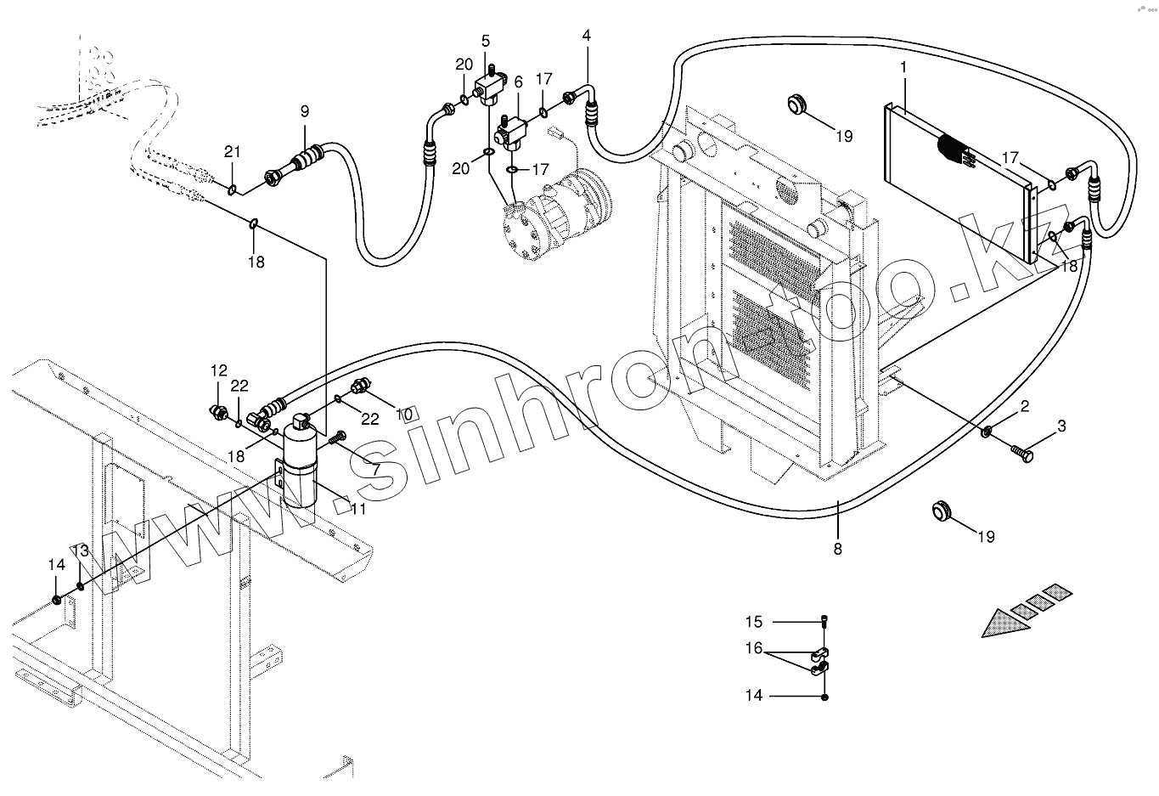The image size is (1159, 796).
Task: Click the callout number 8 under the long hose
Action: (837, 549)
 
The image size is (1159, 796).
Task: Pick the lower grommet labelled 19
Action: (940, 510)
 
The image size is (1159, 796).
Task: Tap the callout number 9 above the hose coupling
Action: (304, 111)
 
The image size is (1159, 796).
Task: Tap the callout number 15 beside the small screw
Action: (755, 621)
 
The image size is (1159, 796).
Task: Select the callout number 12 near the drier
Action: (219, 370)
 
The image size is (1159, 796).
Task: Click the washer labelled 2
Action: (987, 432)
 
